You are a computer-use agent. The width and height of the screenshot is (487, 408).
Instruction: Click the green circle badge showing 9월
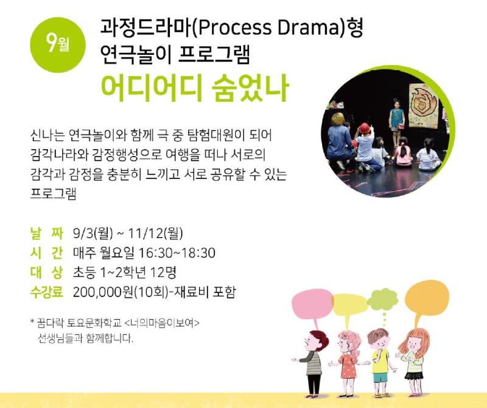point(58,45)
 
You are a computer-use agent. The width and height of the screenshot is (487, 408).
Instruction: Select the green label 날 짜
point(47,234)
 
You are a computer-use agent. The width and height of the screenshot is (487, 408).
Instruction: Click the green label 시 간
point(47,253)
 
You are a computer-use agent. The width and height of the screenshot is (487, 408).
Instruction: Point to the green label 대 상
point(47,273)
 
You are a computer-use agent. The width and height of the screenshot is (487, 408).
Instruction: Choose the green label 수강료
point(47,292)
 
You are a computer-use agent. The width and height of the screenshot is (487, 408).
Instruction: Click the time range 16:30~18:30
point(177,253)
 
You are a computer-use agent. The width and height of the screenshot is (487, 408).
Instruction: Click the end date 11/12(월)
point(155,233)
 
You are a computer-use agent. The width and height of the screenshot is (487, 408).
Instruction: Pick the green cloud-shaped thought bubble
point(383,300)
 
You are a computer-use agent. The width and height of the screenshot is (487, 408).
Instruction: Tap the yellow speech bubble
point(350,304)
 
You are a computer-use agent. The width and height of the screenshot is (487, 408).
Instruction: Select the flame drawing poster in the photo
point(424,105)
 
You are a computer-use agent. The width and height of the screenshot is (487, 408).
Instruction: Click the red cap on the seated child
point(365,128)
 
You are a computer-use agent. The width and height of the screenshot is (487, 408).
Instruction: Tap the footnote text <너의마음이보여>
point(161,323)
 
